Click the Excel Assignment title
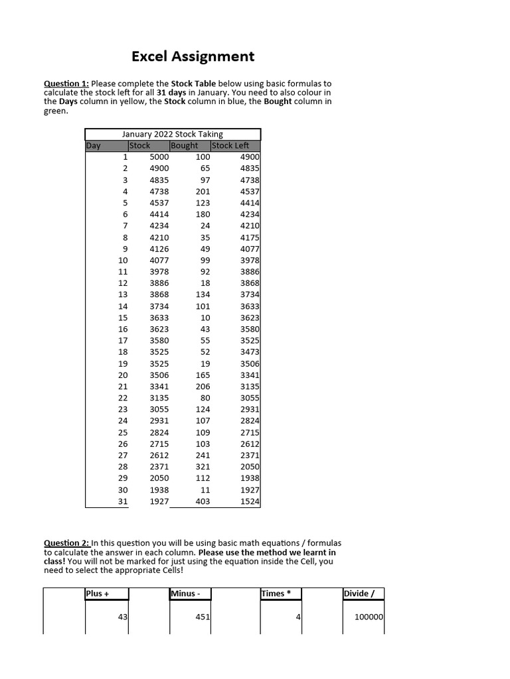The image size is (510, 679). [193, 56]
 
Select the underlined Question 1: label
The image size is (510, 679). [66, 84]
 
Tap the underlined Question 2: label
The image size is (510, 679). [66, 543]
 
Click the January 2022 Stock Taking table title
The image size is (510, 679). [173, 134]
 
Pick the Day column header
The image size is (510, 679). [94, 146]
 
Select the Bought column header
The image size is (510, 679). [185, 146]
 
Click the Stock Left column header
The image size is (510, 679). [230, 146]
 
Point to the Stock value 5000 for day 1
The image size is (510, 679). [159, 157]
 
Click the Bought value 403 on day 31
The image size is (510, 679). [202, 501]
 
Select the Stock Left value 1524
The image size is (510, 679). [250, 501]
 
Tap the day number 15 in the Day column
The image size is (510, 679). [123, 318]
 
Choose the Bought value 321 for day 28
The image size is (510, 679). [202, 467]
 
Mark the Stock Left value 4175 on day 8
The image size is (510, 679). [250, 237]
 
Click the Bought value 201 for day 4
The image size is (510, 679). [202, 192]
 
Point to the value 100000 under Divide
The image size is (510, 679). [369, 617]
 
